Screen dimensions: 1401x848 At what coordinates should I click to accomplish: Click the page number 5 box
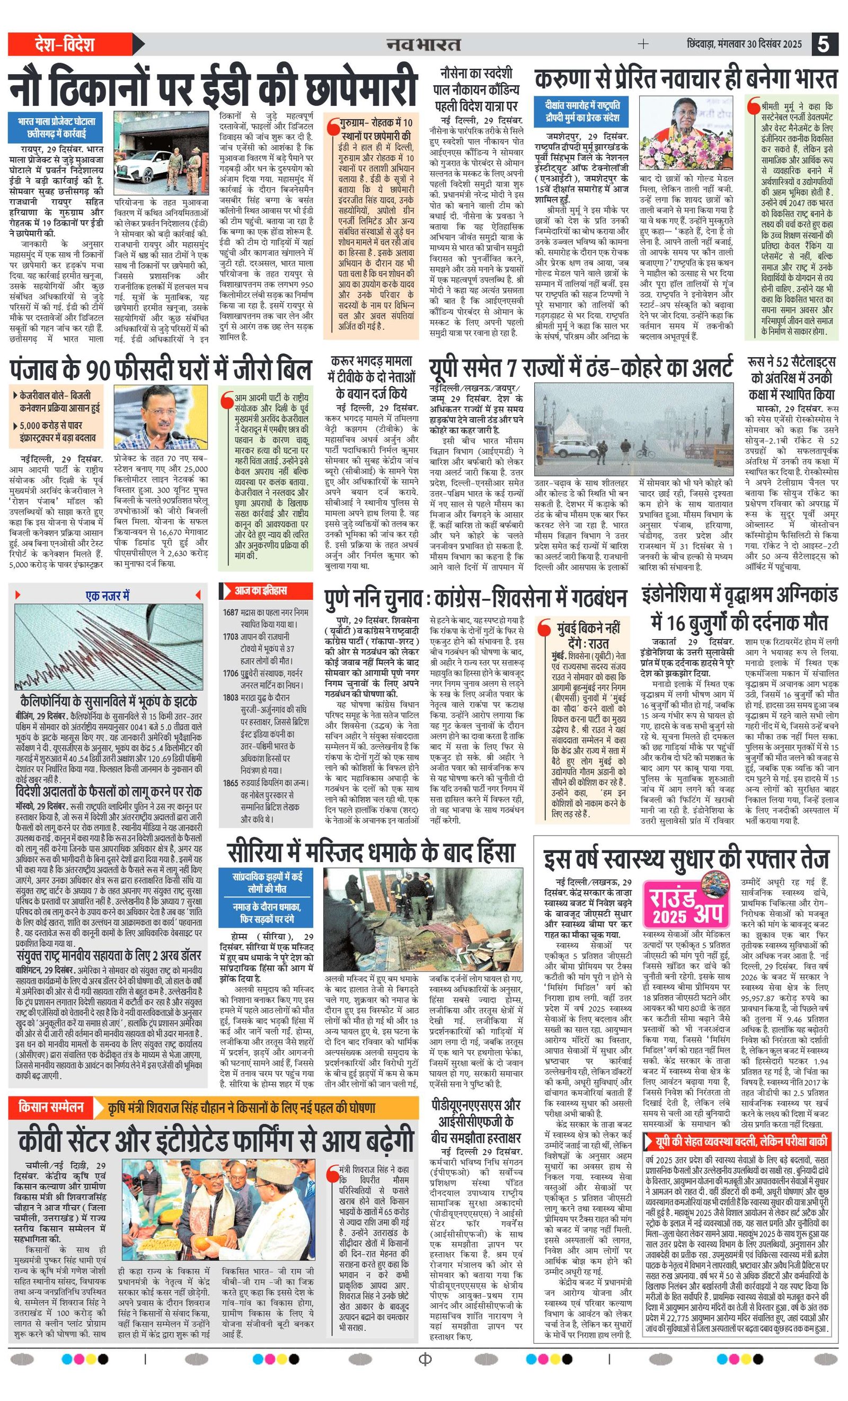point(824,45)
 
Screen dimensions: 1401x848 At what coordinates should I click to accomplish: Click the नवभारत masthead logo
point(423,45)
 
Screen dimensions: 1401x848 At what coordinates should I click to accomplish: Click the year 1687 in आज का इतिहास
point(230,612)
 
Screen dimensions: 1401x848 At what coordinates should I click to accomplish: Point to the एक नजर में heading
point(108,595)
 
